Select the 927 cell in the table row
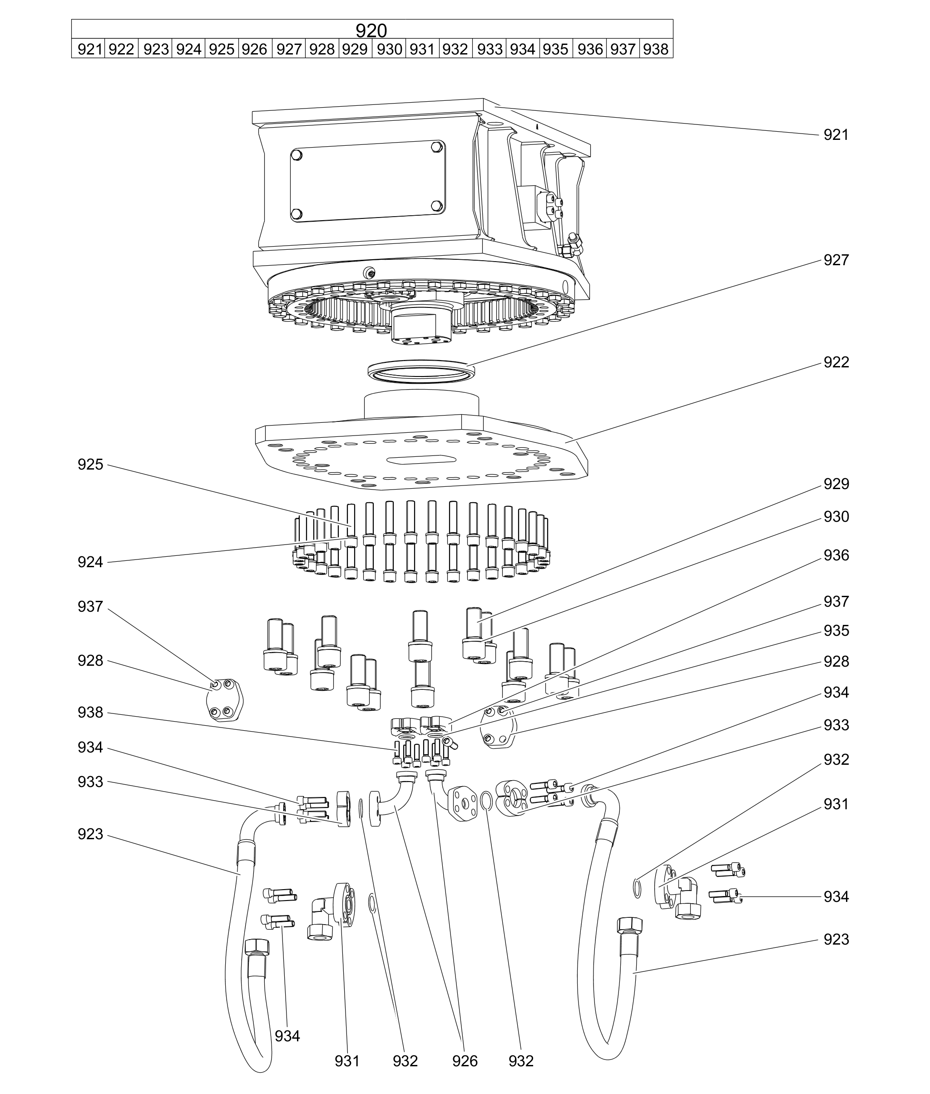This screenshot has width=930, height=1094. (288, 49)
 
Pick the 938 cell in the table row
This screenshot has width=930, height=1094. (655, 49)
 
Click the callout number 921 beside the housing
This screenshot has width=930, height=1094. (836, 135)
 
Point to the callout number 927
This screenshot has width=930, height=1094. (836, 260)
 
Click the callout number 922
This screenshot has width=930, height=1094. (836, 362)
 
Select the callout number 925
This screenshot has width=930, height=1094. (90, 465)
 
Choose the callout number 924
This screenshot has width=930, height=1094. (90, 562)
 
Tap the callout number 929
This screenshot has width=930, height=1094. (836, 484)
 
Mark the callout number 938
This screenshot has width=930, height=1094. (90, 712)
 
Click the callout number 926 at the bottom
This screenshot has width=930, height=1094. (465, 1061)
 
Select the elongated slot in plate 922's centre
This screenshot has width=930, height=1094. (421, 459)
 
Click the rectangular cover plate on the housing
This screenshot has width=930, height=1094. (367, 181)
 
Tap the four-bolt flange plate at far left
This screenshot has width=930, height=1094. (223, 699)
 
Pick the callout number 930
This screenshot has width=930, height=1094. (836, 517)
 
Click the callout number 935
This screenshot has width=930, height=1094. (836, 631)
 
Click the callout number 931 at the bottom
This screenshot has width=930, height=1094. (347, 1061)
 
